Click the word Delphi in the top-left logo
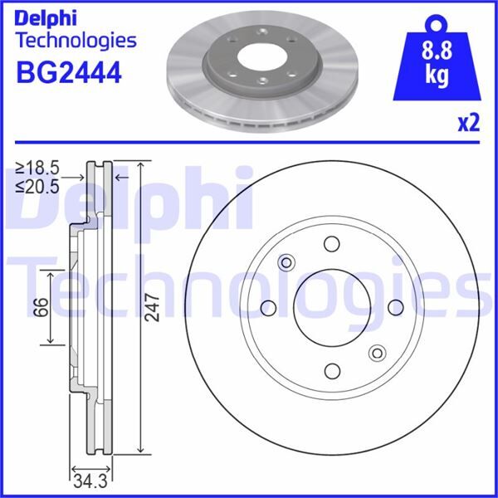[x=46, y=17]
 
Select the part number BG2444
[x=69, y=71]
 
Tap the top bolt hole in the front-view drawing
[x=331, y=244]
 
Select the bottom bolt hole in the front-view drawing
[x=331, y=370]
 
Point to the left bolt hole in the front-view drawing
[x=268, y=307]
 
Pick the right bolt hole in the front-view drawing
[x=394, y=307]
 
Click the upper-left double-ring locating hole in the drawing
[x=287, y=263]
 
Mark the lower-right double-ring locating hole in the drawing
[x=376, y=351]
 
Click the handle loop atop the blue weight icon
[x=432, y=23]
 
